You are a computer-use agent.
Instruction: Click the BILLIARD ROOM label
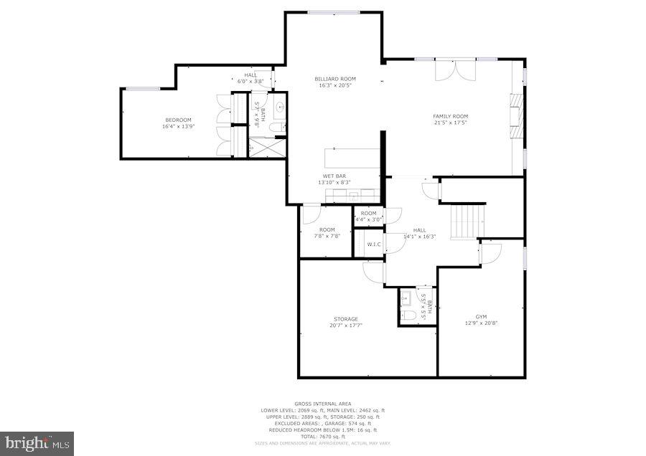tap(336, 79)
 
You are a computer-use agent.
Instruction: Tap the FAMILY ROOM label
tap(450, 116)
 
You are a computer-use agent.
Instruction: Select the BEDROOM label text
tap(178, 120)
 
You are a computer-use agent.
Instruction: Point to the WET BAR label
tap(334, 176)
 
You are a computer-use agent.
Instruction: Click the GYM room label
tap(480, 316)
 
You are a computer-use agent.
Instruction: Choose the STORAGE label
tap(345, 319)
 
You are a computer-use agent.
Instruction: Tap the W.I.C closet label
tap(373, 244)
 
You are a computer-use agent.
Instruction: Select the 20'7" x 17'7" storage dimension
tap(345, 326)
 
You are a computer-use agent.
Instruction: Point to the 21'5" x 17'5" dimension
tap(450, 123)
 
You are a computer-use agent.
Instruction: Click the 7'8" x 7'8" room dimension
tap(327, 236)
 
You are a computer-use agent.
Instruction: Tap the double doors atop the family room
tap(455, 70)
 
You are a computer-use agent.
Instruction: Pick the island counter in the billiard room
tap(352, 158)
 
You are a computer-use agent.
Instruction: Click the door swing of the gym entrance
tap(490, 252)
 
